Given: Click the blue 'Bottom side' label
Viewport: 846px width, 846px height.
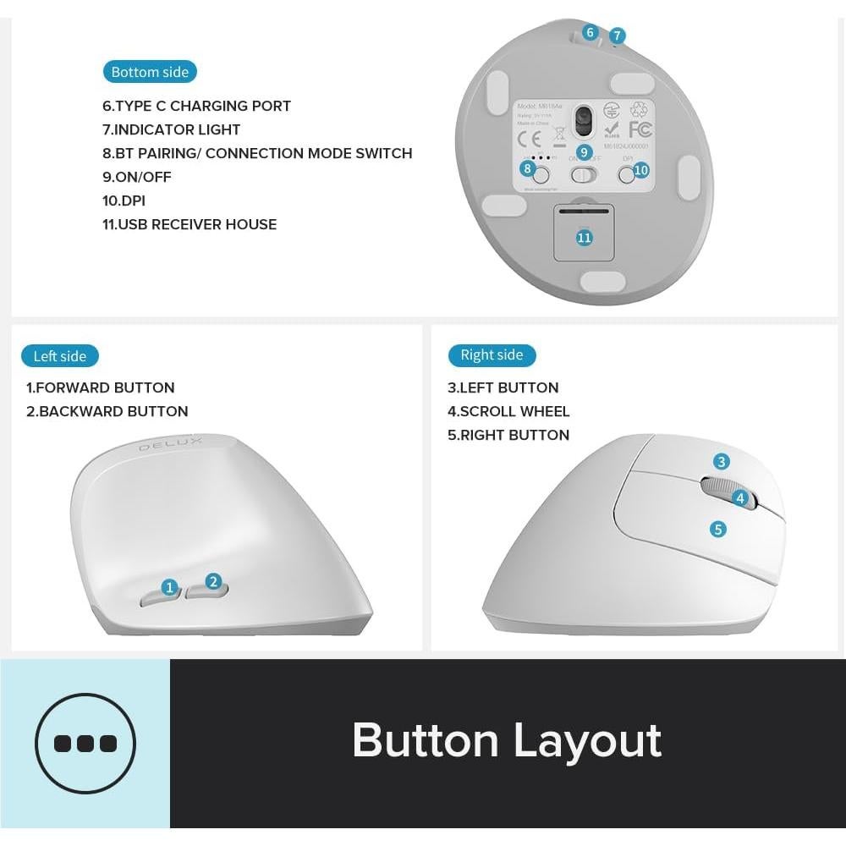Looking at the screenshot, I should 150,72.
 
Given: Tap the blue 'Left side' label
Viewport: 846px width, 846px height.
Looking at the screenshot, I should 60,356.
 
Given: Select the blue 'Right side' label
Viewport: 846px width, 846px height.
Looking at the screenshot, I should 492,355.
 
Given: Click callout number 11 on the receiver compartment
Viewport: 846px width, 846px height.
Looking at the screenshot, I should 584,238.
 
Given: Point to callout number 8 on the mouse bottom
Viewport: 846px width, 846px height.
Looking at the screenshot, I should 529,168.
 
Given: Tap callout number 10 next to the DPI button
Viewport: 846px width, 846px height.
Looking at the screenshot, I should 640,170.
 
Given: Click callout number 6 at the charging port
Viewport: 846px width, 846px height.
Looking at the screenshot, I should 591,33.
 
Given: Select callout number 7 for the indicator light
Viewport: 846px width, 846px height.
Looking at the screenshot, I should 618,36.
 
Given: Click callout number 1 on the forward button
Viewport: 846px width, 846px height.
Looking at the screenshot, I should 169,587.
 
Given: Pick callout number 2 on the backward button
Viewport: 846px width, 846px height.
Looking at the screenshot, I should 213,581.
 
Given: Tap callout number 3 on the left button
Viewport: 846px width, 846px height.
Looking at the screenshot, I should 721,462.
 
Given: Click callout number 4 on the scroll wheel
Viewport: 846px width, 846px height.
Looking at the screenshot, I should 740,498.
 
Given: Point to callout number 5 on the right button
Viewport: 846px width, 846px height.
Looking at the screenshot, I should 718,530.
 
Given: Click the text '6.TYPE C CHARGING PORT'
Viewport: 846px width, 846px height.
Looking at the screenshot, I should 196,106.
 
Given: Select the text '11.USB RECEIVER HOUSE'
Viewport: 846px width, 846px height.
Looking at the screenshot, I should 190,224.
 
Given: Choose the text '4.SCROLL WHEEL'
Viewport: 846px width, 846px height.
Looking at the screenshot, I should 508,411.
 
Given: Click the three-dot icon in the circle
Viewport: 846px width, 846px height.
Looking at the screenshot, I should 85,743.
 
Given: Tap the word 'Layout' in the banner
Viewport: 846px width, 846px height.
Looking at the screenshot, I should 587,740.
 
